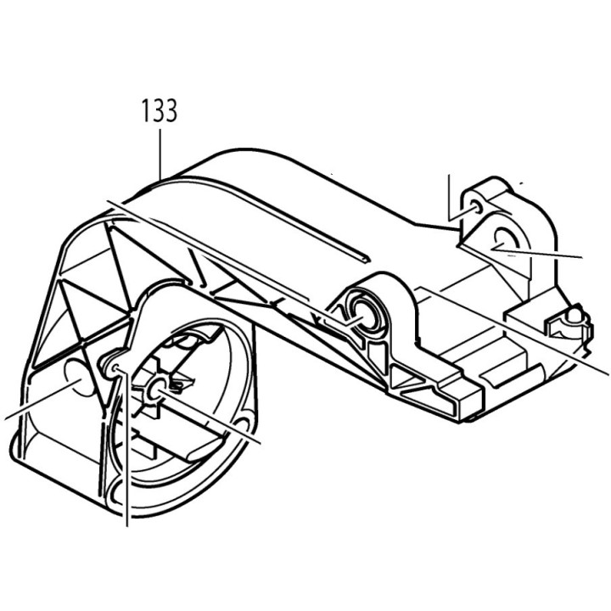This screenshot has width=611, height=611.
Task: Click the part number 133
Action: pyautogui.click(x=160, y=111)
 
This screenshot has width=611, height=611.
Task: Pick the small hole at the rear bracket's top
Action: pyautogui.click(x=474, y=206)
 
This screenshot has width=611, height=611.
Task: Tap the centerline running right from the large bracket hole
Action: pyautogui.click(x=552, y=252)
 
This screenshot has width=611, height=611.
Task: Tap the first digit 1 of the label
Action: pyautogui.click(x=145, y=111)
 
